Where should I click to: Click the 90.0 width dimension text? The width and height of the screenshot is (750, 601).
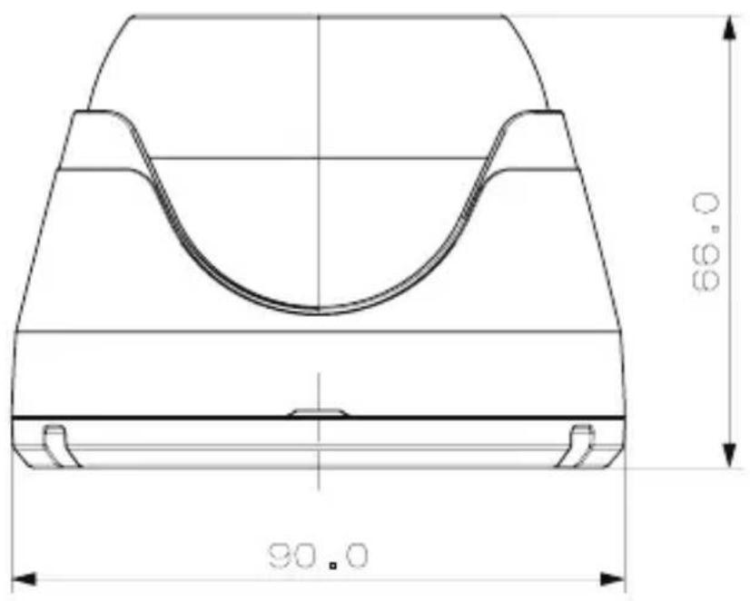(x=318, y=556)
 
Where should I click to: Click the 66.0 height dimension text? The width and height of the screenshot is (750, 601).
(x=706, y=241)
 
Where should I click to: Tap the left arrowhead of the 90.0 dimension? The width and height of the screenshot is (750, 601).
(x=23, y=579)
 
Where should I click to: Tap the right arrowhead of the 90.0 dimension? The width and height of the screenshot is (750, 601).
(x=613, y=579)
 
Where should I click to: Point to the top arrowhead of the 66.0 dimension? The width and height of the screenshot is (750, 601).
(x=728, y=28)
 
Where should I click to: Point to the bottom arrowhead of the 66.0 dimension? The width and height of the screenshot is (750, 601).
(x=728, y=455)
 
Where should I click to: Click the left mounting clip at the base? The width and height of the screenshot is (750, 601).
(x=60, y=446)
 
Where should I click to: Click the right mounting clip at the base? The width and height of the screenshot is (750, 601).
(x=577, y=446)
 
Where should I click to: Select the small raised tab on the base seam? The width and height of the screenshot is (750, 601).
(x=318, y=412)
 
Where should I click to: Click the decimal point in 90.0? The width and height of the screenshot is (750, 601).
(x=333, y=566)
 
